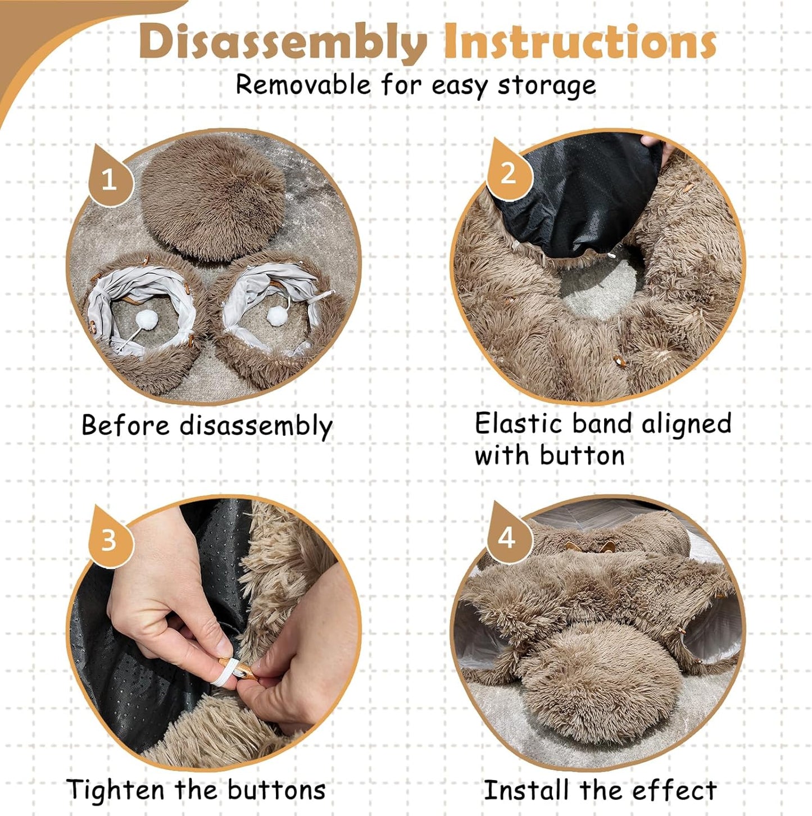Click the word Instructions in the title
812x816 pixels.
pyautogui.click(x=579, y=42)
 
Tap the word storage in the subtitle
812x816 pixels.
pyautogui.click(x=547, y=85)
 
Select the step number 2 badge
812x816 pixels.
pyautogui.click(x=507, y=172)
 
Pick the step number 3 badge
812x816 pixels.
pyautogui.click(x=108, y=540)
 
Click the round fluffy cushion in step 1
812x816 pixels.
pyautogui.click(x=214, y=197)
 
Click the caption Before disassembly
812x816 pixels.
pyautogui.click(x=207, y=426)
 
